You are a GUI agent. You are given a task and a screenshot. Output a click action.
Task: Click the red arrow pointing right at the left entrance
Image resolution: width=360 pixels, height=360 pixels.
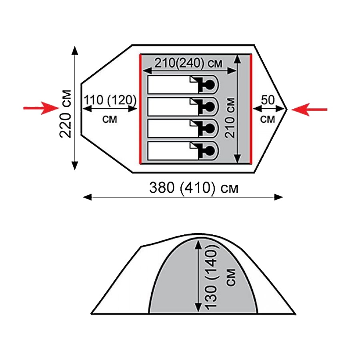(41, 108)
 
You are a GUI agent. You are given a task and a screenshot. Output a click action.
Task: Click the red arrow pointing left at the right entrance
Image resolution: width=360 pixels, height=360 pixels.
(309, 110)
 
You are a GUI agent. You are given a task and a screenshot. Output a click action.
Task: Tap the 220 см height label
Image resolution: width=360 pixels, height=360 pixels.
(66, 114)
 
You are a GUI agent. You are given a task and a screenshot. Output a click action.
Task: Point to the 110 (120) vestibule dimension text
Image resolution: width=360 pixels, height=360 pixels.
(110, 100)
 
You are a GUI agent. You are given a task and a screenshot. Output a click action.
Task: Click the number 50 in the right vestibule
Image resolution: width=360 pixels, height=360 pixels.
(268, 100)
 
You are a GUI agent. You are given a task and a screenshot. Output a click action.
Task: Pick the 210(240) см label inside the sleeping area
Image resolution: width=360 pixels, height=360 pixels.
(188, 63)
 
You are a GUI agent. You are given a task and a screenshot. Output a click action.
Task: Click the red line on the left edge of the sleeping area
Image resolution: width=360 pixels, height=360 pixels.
(140, 109)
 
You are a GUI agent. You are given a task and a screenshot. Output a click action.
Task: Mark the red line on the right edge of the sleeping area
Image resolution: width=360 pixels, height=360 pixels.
(251, 109)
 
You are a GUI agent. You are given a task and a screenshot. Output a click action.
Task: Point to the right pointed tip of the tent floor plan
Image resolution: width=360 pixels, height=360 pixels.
(287, 110)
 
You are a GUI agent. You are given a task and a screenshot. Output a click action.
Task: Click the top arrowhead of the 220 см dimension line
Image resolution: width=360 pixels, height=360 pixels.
(75, 50)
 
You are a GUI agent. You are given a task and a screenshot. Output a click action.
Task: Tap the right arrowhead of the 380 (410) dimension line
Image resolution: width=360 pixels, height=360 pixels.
(279, 197)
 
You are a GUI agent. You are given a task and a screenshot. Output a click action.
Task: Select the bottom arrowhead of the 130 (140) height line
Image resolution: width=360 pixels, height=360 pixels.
(198, 308)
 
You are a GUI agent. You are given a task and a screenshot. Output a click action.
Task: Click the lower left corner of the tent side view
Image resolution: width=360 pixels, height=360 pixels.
(91, 314)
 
